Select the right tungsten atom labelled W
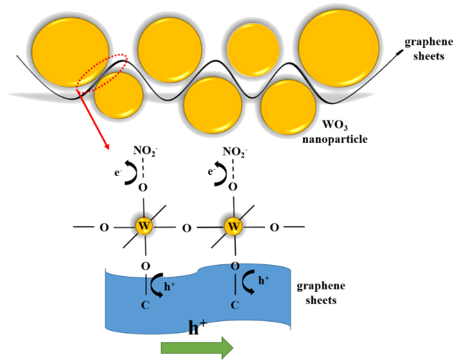pos(234,225)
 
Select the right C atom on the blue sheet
pos(234,305)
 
